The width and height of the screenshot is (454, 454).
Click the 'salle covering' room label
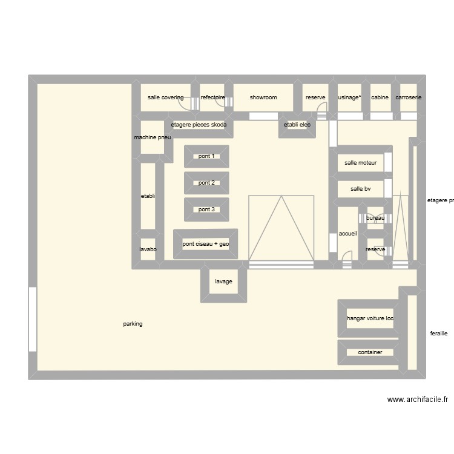[x=165, y=97]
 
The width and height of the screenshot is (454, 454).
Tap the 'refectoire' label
[x=213, y=97]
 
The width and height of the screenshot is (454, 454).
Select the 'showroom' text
[x=263, y=97]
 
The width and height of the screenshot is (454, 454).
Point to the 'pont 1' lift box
[x=206, y=156]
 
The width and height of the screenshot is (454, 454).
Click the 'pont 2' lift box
[x=206, y=183]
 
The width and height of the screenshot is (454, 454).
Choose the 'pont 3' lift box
[x=206, y=209]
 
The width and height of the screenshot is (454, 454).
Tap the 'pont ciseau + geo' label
[x=206, y=244]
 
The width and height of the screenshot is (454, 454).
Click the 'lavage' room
[x=223, y=281]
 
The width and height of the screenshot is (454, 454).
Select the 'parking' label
[x=133, y=324]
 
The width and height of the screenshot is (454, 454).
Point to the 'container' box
[x=370, y=352]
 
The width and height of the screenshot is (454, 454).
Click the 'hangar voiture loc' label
[x=370, y=318]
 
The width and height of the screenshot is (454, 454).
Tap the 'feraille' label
[x=438, y=333]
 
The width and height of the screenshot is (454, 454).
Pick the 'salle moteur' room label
[x=361, y=162]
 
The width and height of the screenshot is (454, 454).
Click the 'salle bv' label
[x=360, y=189]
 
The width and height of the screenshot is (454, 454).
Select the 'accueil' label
[x=348, y=233]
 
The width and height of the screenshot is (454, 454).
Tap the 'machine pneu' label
[x=153, y=137]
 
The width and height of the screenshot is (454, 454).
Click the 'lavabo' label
[x=148, y=249]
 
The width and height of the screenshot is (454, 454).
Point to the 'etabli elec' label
[x=297, y=125]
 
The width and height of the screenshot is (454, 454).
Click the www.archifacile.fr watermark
[x=417, y=400]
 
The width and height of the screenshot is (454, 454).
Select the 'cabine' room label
[x=380, y=97]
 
